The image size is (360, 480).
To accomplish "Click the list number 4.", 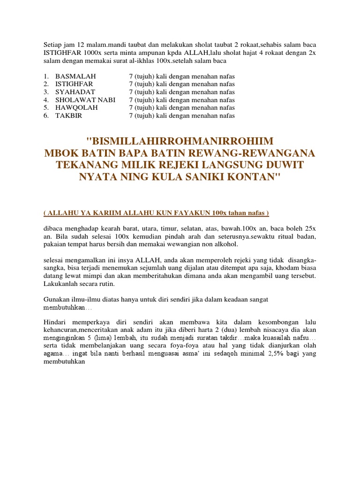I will [x=46, y=100].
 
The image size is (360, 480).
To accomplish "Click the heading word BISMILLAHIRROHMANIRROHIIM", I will [x=182, y=141].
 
